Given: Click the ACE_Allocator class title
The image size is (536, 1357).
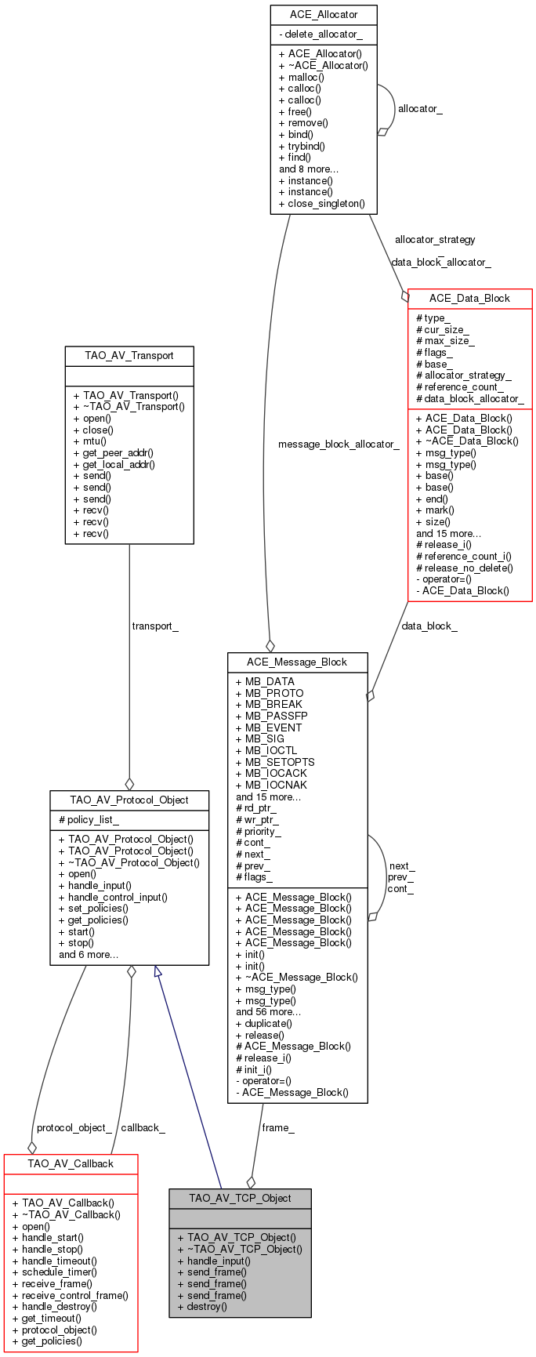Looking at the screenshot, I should pos(323,15).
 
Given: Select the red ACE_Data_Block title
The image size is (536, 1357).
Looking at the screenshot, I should pos(469,298).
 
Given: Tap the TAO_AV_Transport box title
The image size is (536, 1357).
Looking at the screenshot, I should pos(129,356).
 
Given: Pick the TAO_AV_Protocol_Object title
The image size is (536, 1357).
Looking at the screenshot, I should pos(129,800).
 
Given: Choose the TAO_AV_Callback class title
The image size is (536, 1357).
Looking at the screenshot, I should pos(71,1163).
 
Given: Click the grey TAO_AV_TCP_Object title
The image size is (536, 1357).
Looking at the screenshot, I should pos(240,1198).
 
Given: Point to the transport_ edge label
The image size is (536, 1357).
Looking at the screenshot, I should pos(155,626).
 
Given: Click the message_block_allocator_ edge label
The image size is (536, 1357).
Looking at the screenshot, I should pos(339,444).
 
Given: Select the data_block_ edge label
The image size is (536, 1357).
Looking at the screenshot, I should pos(429,626).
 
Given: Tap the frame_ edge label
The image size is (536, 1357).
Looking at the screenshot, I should pos(278,1127).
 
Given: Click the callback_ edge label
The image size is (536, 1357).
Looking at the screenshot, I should pos(143,1127).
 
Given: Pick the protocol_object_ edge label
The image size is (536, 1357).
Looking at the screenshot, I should pos(74,1127).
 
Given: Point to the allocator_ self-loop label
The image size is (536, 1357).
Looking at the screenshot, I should pos(419,108).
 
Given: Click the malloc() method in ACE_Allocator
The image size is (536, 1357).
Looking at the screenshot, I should pos(301,77).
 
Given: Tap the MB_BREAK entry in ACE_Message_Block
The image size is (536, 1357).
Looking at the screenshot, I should pos(269,704).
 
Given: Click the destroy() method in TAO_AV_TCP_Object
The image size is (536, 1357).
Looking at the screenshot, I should pos(202,1306).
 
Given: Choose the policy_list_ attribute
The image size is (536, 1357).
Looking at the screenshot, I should pos(89,820).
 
